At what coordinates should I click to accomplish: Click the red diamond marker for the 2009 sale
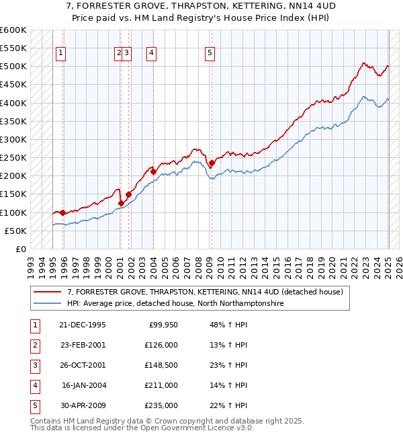[x=212, y=163]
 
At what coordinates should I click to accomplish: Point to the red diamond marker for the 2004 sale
[x=153, y=171]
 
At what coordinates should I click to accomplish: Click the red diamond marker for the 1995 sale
[x=62, y=212]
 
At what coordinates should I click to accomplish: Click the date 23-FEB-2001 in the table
[x=83, y=345]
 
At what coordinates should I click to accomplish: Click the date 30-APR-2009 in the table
[x=83, y=405]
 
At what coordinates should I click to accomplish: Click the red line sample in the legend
[x=47, y=292]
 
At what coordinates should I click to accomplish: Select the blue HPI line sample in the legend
[x=47, y=303]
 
